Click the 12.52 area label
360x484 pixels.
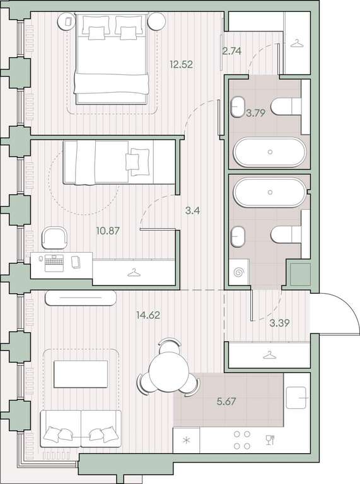tap(181, 64)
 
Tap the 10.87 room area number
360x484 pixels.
tap(108, 231)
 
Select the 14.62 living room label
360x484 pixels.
tap(148, 315)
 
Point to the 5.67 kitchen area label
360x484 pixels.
tap(226, 401)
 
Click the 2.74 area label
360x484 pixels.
tap(232, 50)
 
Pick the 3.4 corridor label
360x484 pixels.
tap(192, 211)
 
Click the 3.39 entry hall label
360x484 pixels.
tap(279, 323)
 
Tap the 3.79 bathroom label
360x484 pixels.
tap(256, 113)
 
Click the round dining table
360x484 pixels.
tap(168, 368)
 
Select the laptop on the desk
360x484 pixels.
tap(54, 263)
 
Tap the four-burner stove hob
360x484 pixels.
tap(242, 440)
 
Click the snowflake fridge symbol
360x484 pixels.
tap(187, 440)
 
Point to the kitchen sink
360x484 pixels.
tap(296, 398)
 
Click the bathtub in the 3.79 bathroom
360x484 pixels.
tap(270, 152)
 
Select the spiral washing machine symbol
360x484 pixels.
tap(239, 272)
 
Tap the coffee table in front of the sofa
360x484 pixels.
tap(81, 374)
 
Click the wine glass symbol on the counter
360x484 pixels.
tap(270, 439)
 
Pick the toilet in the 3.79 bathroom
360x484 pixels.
tap(286, 107)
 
